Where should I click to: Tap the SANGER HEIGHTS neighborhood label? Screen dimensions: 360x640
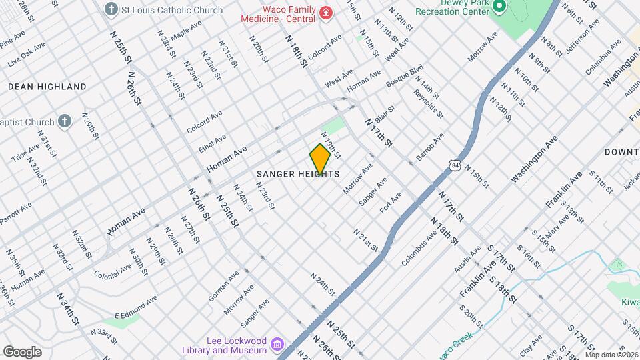(x=299, y=174)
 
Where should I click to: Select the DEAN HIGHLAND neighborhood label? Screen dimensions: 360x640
(x=47, y=87)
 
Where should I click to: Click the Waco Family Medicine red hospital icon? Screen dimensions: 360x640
(x=325, y=13)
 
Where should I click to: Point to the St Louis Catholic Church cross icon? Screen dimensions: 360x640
(x=111, y=11)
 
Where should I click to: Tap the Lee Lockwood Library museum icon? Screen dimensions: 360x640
(x=277, y=345)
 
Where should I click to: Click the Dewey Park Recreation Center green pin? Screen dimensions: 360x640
(x=499, y=7)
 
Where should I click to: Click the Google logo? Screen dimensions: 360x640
(x=22, y=351)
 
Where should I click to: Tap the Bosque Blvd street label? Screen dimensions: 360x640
(x=405, y=75)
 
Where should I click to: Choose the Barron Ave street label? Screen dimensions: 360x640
(x=430, y=147)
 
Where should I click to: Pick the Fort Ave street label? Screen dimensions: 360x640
(x=391, y=202)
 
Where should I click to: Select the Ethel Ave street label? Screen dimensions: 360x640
(x=213, y=142)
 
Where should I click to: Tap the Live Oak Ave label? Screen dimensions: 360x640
(x=27, y=54)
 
